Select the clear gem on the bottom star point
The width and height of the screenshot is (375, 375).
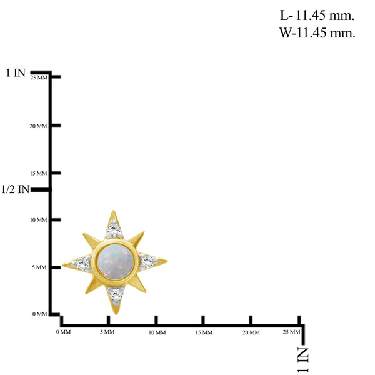pos(116,294)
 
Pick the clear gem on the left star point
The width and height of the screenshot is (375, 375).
pos(82,264)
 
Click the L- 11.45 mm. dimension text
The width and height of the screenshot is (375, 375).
pos(317,16)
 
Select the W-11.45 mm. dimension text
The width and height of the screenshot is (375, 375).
pos(317,32)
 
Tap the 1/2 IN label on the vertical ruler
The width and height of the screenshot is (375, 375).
pos(15,189)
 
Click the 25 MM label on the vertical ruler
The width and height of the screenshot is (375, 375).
pos(39,77)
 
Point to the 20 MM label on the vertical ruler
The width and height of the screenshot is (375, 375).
pos(38,126)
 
